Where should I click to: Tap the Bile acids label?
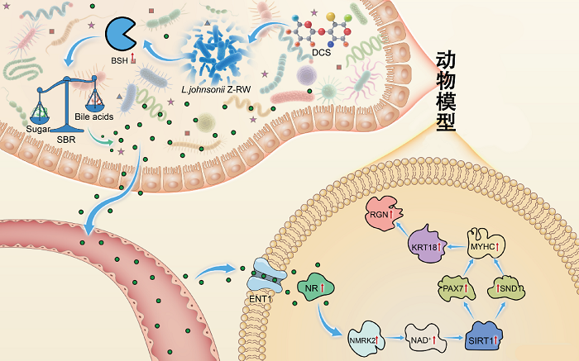93,117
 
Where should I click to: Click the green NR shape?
314,289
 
